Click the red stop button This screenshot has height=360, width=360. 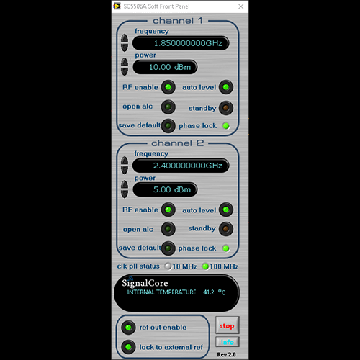(x=227, y=325)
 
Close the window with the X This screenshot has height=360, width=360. (x=240, y=6)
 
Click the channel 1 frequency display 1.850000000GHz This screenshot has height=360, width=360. (x=181, y=43)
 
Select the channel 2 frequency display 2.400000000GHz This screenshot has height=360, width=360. (x=181, y=166)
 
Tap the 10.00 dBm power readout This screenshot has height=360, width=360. (x=165, y=67)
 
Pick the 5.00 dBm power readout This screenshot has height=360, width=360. (x=165, y=189)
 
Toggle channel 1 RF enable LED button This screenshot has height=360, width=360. (x=168, y=87)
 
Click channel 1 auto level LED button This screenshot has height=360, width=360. (x=226, y=87)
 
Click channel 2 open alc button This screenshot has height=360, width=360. (x=168, y=229)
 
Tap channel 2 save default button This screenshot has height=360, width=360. (x=168, y=248)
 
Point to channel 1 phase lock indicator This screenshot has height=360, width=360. (x=226, y=126)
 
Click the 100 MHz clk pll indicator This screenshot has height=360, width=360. (x=205, y=266)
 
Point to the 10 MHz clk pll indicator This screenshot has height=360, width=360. (x=168, y=266)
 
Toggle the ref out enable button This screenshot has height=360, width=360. (x=128, y=328)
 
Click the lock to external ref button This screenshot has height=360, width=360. (x=128, y=347)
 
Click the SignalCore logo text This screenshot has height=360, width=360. (x=145, y=283)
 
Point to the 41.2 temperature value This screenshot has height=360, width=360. (x=209, y=292)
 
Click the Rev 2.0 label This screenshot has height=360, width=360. (x=226, y=354)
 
